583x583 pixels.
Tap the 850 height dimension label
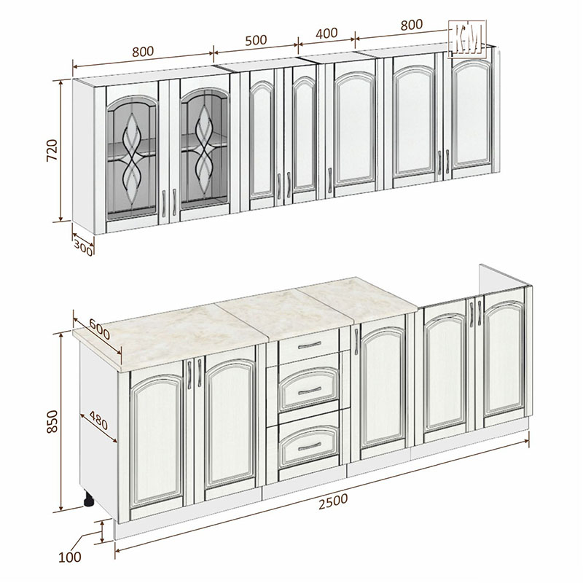click(52, 421)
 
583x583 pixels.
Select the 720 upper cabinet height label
click(52, 150)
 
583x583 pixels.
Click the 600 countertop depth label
click(100, 329)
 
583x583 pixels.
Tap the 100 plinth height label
click(69, 557)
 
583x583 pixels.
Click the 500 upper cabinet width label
click(256, 40)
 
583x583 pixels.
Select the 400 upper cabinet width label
click(326, 33)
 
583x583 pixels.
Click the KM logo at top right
click(467, 39)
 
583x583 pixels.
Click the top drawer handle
click(309, 345)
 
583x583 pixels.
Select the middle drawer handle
click(309, 390)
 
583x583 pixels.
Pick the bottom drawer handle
click(309, 446)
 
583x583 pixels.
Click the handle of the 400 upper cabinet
click(330, 180)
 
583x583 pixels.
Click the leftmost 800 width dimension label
click(143, 51)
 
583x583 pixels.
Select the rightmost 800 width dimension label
click(412, 25)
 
